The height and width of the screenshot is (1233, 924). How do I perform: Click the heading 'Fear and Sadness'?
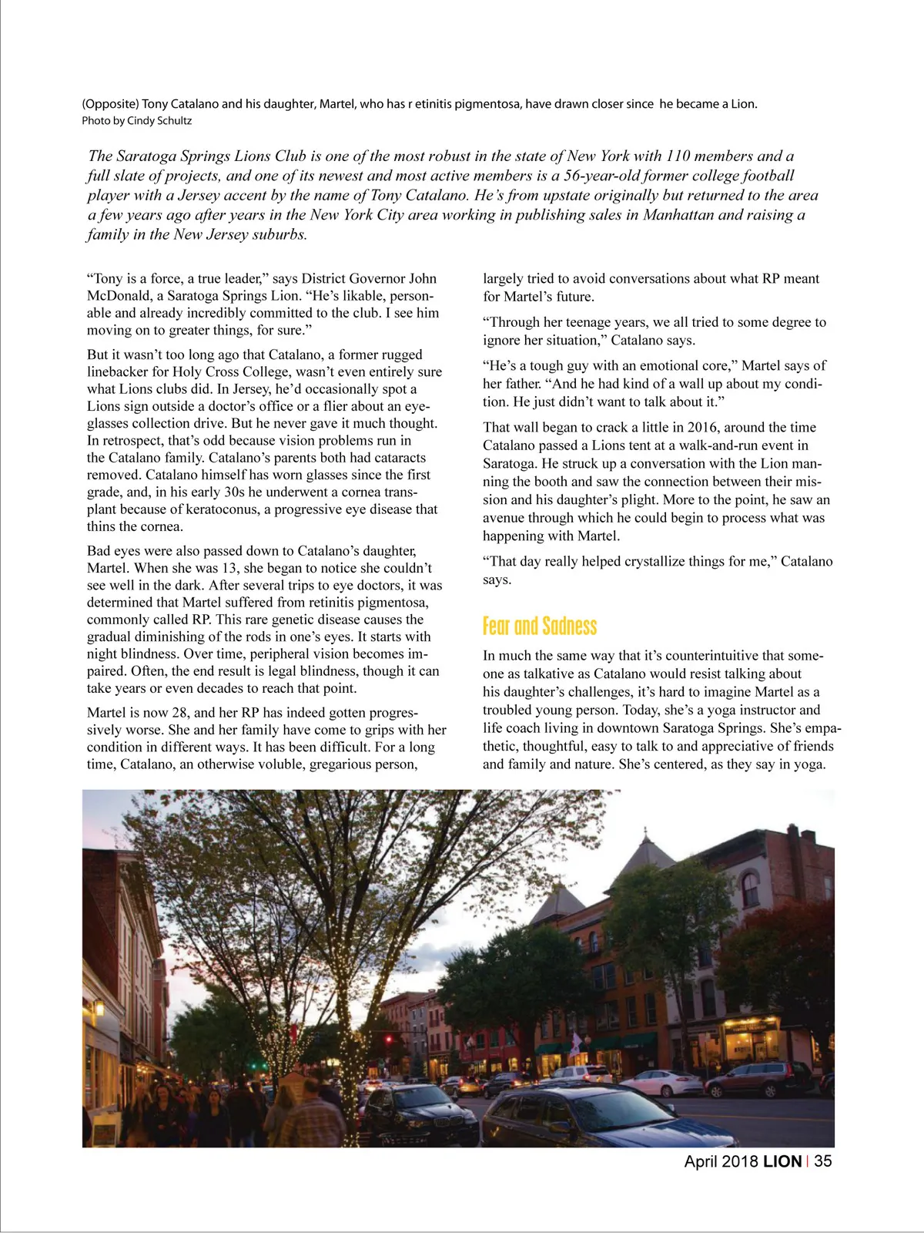pos(540,626)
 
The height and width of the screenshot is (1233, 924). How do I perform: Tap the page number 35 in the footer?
pos(822,1161)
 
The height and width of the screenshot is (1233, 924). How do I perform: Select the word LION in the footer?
pos(782,1161)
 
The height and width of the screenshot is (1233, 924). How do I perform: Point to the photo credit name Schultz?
pos(174,121)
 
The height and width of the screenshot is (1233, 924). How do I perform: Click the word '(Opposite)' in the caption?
pos(110,104)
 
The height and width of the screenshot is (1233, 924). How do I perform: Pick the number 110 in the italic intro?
pos(678,156)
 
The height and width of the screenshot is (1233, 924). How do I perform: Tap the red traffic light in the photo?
pos(388,1040)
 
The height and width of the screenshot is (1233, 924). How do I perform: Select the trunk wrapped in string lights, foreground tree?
pos(351,1079)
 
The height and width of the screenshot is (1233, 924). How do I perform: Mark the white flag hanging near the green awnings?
pos(574,1043)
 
